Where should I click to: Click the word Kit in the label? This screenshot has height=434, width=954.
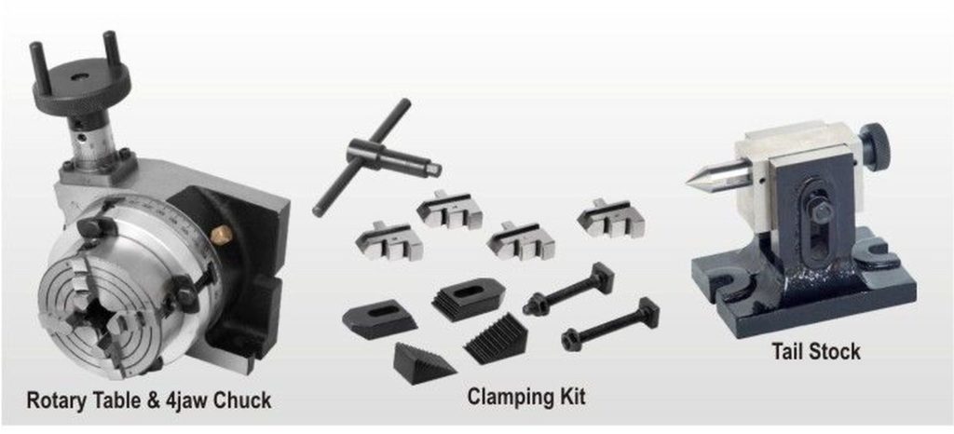click(573, 396)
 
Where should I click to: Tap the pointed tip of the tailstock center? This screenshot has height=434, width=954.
click(688, 181)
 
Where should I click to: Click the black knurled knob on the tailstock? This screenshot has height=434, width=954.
click(875, 148)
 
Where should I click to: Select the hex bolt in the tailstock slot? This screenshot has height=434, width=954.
click(818, 212)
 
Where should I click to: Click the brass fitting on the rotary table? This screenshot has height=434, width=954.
click(221, 234)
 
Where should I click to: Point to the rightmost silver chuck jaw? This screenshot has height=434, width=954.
click(609, 220)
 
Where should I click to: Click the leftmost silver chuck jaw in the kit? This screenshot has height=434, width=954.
click(388, 240)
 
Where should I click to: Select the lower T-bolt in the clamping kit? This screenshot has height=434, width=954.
click(609, 323)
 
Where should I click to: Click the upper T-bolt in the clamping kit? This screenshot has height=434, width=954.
click(568, 288)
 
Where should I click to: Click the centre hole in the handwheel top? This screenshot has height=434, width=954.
click(80, 78)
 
